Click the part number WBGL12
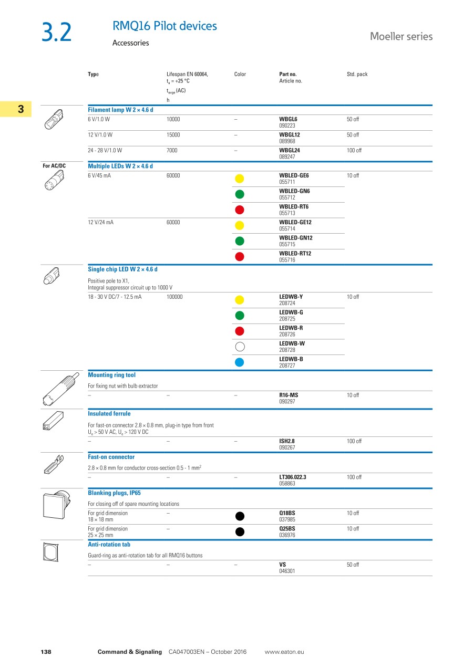pyautogui.click(x=290, y=135)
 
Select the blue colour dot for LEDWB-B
pyautogui.click(x=240, y=362)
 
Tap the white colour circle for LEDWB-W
pyautogui.click(x=240, y=347)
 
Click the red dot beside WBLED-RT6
pyautogui.click(x=240, y=210)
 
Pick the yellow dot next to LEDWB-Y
pyautogui.click(x=240, y=300)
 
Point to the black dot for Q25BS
pyautogui.click(x=240, y=531)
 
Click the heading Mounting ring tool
pyautogui.click(x=111, y=375)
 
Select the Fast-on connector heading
pyautogui.click(x=111, y=457)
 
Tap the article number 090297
pyautogui.click(x=287, y=401)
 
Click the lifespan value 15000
pyautogui.click(x=173, y=135)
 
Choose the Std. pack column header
pyautogui.click(x=357, y=75)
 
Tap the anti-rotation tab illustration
pyautogui.click(x=52, y=552)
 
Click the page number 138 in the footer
pyautogui.click(x=46, y=652)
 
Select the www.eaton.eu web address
pyautogui.click(x=284, y=652)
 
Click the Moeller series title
pyautogui.click(x=401, y=36)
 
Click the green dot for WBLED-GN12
pyautogui.click(x=240, y=241)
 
